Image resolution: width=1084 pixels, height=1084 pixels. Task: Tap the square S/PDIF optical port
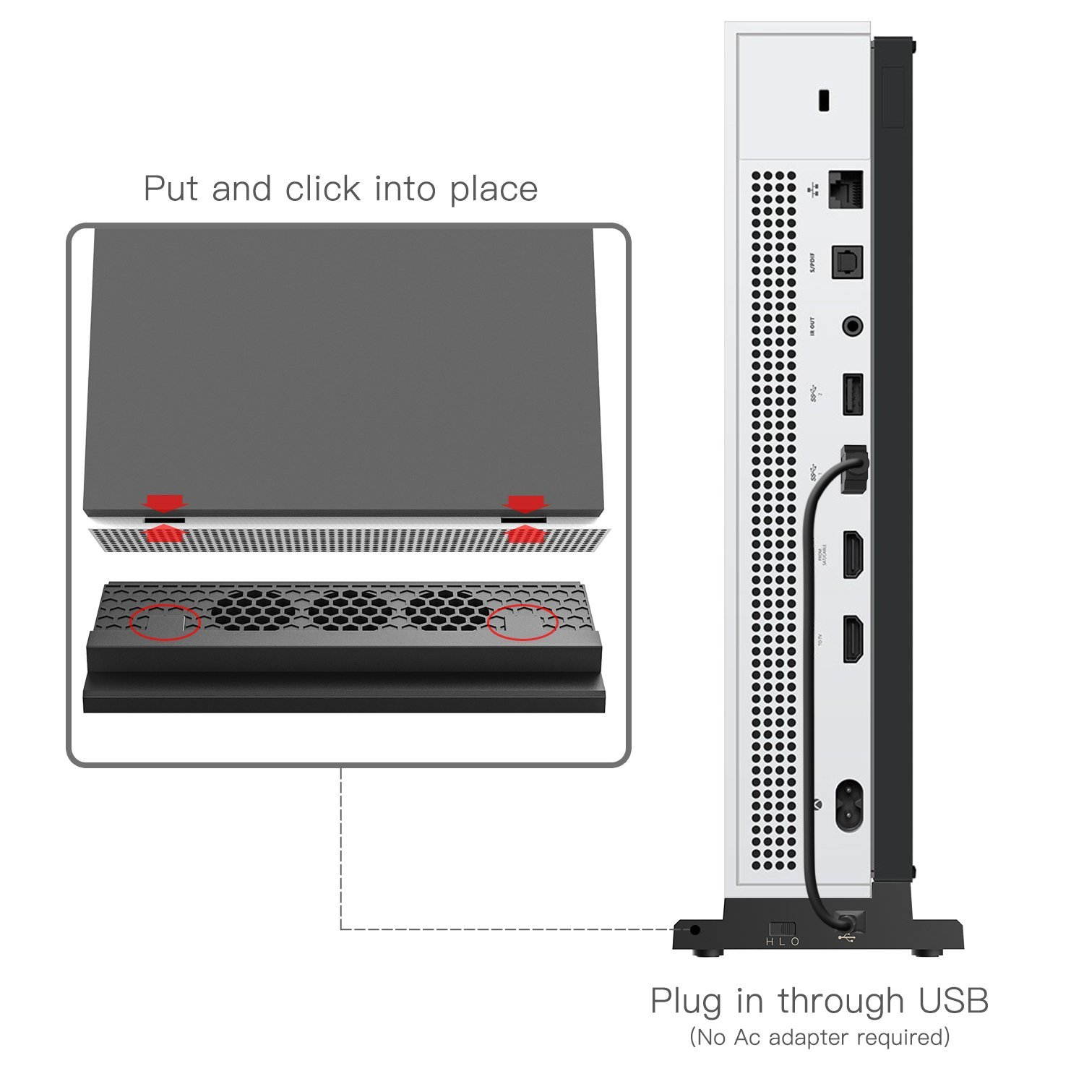(848, 262)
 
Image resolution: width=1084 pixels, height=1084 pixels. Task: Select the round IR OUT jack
(853, 327)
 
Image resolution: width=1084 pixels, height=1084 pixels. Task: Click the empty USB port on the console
(853, 394)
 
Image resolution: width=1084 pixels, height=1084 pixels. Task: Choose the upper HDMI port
(853, 554)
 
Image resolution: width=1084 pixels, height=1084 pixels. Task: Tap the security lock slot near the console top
(823, 100)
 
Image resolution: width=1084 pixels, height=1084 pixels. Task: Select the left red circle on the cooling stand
(165, 622)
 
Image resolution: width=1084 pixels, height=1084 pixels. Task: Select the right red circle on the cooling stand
(522, 622)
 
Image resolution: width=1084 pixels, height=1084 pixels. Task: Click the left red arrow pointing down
(165, 502)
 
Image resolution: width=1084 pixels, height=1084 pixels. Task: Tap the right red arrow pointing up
(525, 534)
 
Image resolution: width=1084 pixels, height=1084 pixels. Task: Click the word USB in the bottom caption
(952, 1001)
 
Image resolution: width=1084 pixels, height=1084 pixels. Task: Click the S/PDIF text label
(812, 263)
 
